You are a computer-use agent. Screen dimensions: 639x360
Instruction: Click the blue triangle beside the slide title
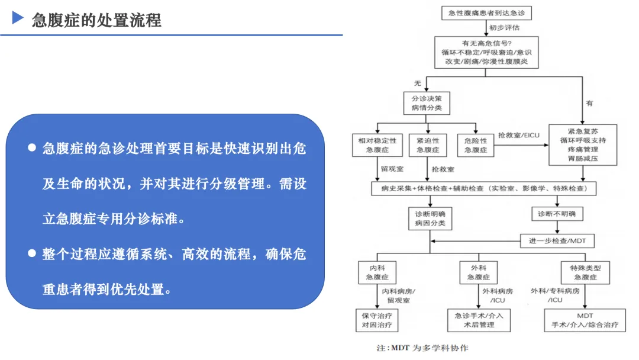click(x=18, y=18)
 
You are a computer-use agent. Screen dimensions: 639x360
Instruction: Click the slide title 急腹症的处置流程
click(x=96, y=20)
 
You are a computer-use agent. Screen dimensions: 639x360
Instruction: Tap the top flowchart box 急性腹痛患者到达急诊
click(x=486, y=13)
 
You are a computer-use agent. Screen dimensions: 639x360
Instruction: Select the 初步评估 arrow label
click(x=504, y=27)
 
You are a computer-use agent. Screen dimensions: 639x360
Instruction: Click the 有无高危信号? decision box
click(x=486, y=52)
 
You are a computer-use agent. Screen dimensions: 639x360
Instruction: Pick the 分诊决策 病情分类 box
click(x=427, y=103)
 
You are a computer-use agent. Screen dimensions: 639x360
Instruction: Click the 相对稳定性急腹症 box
click(x=377, y=145)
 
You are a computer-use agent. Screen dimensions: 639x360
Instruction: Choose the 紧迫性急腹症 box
click(x=428, y=145)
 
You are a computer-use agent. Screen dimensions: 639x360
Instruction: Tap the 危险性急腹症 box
click(x=476, y=145)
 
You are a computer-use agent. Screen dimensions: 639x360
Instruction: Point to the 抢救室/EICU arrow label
click(x=519, y=135)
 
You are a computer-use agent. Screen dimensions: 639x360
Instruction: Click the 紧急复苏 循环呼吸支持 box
click(x=583, y=144)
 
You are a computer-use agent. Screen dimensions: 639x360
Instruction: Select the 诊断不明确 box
click(x=557, y=214)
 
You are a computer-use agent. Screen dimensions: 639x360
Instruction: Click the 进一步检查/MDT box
click(x=557, y=240)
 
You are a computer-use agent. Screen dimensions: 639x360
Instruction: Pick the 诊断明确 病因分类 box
click(x=430, y=218)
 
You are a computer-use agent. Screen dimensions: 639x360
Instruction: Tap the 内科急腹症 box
click(x=377, y=272)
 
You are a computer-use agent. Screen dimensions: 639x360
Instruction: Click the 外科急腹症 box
click(x=479, y=272)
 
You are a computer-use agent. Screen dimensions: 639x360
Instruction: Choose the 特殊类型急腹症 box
click(x=585, y=272)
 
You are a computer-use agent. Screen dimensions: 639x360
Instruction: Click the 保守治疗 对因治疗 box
click(x=377, y=320)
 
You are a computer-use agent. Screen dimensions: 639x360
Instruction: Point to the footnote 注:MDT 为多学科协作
click(x=422, y=348)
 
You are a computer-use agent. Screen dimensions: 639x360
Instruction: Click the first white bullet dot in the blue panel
click(x=32, y=147)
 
